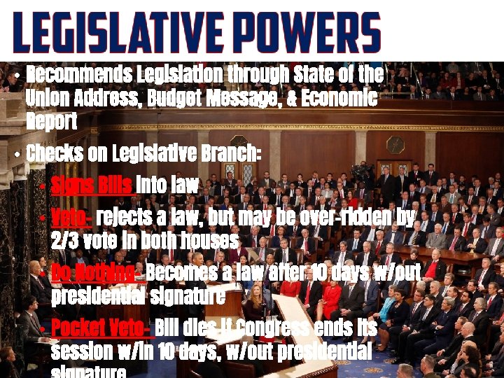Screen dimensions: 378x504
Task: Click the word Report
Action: pos(51,122)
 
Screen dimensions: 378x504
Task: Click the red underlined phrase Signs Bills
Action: pos(92,185)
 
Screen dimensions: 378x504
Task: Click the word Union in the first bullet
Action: pos(47,98)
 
